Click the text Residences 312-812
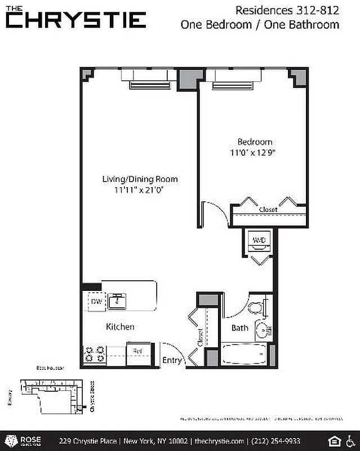pyautogui.click(x=287, y=10)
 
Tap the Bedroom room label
pyautogui.click(x=255, y=142)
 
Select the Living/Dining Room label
pyautogui.click(x=140, y=179)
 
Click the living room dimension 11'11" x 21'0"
pyautogui.click(x=140, y=190)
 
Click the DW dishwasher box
pyautogui.click(x=96, y=302)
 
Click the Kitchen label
pyautogui.click(x=121, y=326)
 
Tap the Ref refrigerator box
pyautogui.click(x=137, y=351)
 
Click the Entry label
pyautogui.click(x=172, y=360)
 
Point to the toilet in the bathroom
pyautogui.click(x=259, y=308)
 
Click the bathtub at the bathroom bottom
pyautogui.click(x=243, y=354)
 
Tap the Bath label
pyautogui.click(x=240, y=328)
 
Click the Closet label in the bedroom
pyautogui.click(x=268, y=210)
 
